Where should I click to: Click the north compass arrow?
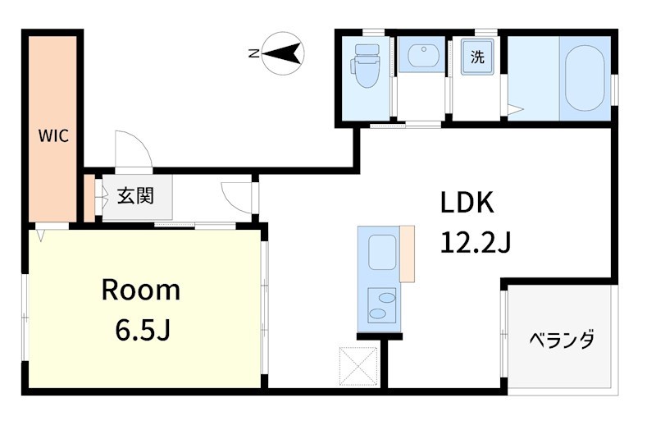point(283,53)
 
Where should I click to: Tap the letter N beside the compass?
point(253,54)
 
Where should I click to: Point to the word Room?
point(140,290)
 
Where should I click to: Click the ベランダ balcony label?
point(560,339)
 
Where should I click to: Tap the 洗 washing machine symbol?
point(476,58)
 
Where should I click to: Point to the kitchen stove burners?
point(381,305)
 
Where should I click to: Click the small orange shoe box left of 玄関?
point(89,198)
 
